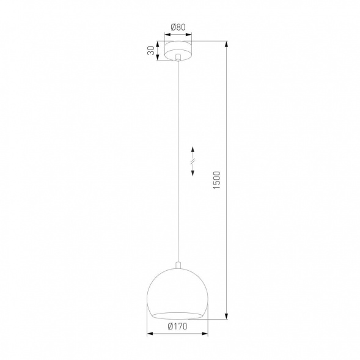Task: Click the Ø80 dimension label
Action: pos(178,27)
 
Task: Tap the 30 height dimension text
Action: pos(150,51)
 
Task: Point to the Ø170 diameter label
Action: pos(177,326)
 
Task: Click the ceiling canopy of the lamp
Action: pos(178,51)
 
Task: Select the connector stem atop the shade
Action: pos(178,265)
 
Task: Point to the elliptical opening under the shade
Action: pos(178,315)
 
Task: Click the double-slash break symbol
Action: pos(193,161)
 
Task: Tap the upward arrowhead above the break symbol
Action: pos(193,149)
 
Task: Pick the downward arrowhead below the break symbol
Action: pos(193,174)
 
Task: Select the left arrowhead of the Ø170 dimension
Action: pos(151,334)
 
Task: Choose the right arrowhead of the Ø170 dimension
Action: pos(205,334)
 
